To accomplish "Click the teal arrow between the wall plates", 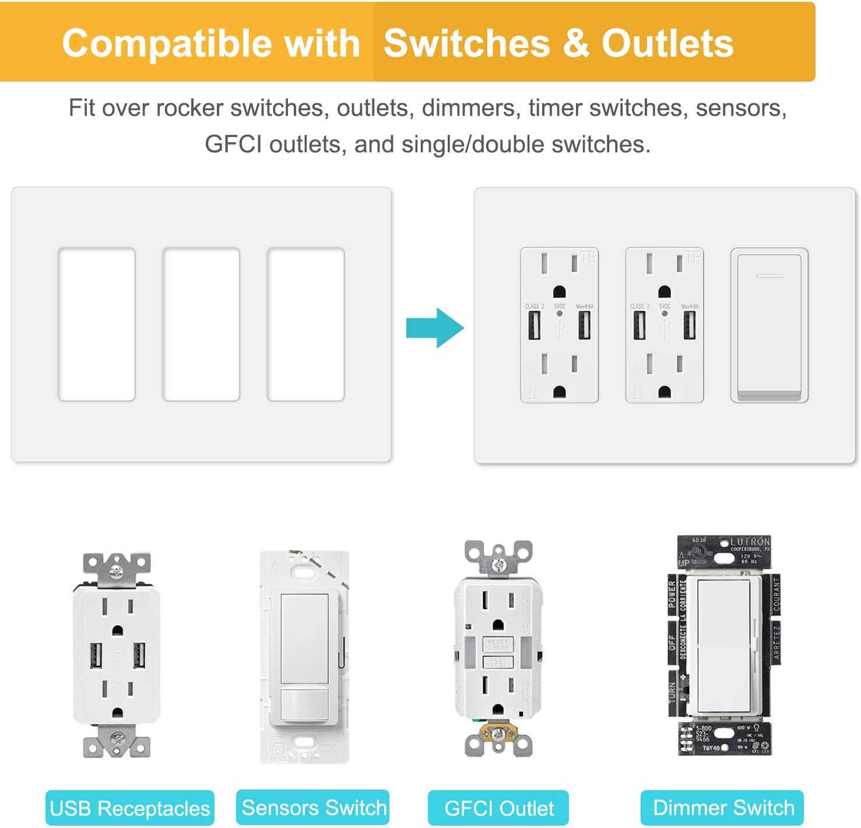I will (434, 328).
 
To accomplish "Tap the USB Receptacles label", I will (129, 808).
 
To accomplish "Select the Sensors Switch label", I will (314, 808).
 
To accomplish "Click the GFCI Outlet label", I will (498, 808).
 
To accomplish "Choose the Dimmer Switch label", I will (723, 808).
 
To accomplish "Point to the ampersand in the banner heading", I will (576, 43).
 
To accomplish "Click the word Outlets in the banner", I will (667, 43).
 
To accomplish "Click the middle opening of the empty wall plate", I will (201, 325).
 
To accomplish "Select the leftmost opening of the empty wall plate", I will (97, 325).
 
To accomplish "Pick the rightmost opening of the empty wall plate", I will (305, 325).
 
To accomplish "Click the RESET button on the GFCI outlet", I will (497, 644).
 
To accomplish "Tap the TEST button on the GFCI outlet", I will (497, 662).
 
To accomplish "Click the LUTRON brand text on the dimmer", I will (750, 542).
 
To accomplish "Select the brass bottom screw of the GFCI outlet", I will (498, 734).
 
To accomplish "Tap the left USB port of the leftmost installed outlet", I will (535, 325).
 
